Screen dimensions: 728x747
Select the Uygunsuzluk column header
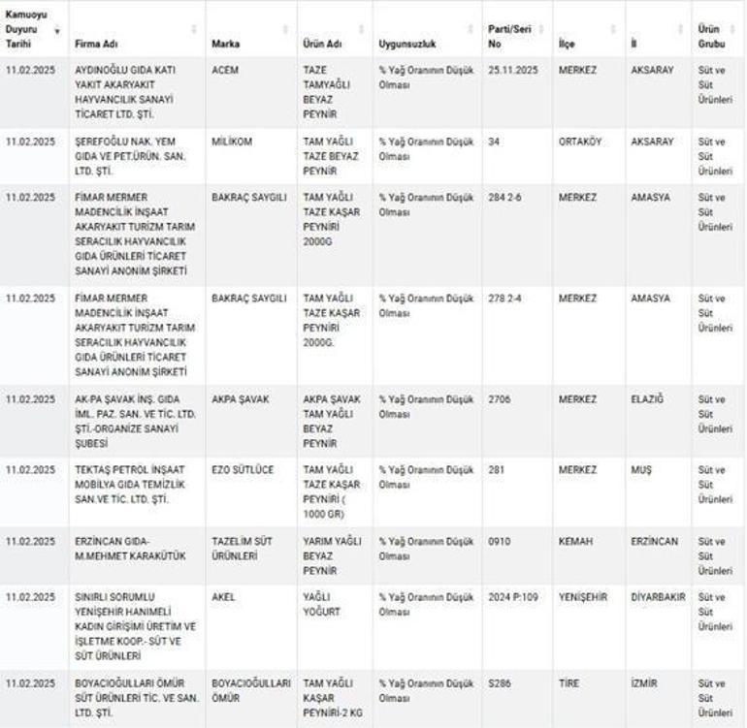coord(406,45)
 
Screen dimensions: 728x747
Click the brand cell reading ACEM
coord(225,71)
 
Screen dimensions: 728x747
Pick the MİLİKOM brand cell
coord(232,142)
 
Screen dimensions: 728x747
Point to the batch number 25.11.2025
coord(514,71)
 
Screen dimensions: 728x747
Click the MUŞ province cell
coord(641,470)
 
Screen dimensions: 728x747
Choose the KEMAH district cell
coord(575,541)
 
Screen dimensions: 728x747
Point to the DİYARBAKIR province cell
coord(658,597)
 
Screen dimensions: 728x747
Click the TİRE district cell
coord(569,683)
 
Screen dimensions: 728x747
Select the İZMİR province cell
coord(644,683)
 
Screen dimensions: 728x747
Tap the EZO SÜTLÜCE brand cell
coord(243,470)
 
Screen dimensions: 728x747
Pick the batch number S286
coord(501,683)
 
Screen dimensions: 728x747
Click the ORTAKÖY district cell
coord(580,142)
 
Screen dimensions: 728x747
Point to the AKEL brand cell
coord(223,597)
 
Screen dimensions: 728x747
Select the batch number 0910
coord(500,541)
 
